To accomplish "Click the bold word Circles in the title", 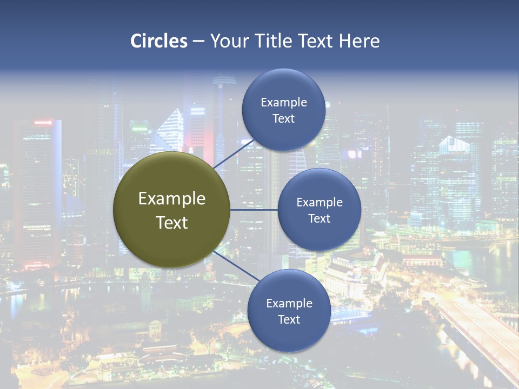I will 159,41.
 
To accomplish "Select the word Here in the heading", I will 359,41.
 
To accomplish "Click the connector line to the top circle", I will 234,153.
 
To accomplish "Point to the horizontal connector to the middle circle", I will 254,210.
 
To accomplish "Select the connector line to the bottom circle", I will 236,266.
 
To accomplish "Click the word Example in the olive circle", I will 172,199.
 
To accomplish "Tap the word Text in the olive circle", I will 172,223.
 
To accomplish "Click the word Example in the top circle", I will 284,102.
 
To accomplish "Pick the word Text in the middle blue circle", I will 319,219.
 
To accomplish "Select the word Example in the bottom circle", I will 289,303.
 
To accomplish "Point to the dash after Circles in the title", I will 198,42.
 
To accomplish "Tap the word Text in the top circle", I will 283,119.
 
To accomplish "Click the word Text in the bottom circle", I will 289,320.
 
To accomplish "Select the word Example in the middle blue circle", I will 320,202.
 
